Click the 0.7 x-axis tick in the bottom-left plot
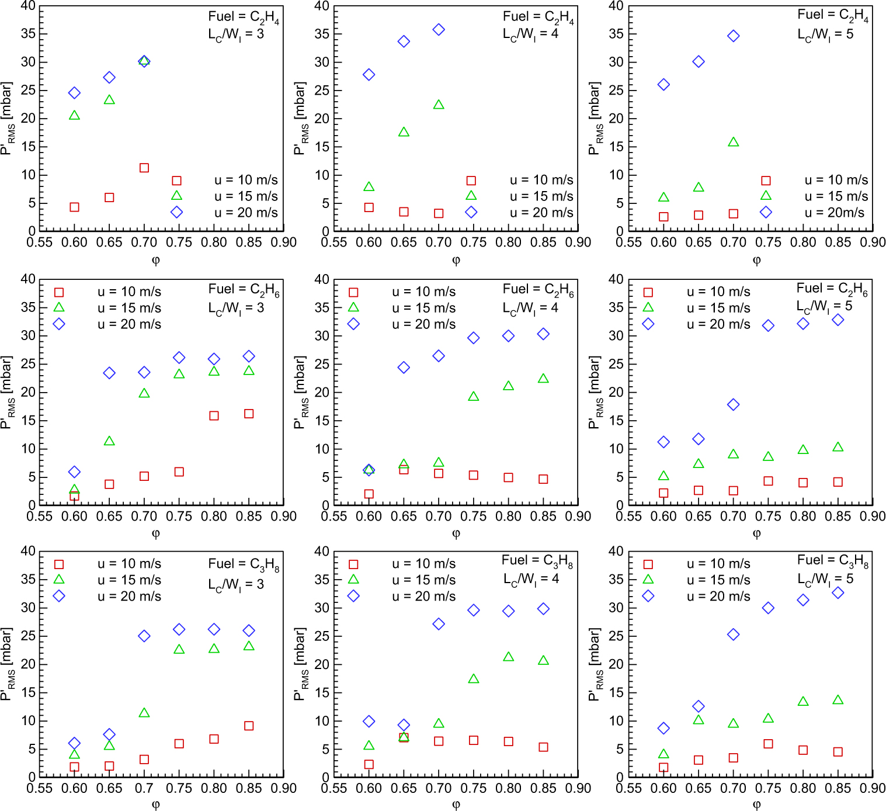144,788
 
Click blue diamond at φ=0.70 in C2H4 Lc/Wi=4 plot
439,30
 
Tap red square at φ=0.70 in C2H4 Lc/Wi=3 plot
144,168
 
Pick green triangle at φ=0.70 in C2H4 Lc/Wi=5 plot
734,142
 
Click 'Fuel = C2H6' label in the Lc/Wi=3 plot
244,290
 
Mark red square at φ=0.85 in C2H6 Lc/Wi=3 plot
249,414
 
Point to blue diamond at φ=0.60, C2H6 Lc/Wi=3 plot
74,472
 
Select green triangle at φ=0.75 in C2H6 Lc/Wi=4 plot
474,397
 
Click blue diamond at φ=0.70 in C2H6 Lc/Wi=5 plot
734,404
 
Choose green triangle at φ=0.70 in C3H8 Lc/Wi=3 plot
144,713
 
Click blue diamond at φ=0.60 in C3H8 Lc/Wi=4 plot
369,722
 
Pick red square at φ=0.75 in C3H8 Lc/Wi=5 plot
768,744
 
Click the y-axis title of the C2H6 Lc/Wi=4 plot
300,392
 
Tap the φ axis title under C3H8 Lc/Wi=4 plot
456,805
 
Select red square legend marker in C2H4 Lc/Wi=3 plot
177,181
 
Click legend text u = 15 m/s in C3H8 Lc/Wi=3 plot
129,580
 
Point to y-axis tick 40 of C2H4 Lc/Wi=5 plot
616,6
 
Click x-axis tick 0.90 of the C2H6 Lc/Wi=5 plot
873,517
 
